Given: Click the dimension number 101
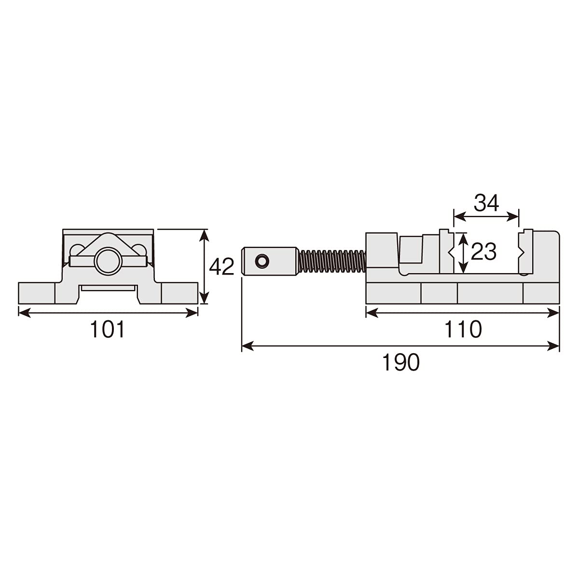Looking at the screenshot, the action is coord(107,330).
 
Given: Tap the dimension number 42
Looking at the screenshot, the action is coord(221,266).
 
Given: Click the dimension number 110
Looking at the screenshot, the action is coord(463,330).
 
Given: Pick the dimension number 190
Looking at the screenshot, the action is coord(401,362).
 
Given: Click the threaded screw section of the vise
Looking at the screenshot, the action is coord(331,261).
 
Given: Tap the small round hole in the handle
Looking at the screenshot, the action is coord(262,262).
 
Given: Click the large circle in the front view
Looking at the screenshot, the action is coord(108,262).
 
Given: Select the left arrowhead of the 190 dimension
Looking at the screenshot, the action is coord(248,346).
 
